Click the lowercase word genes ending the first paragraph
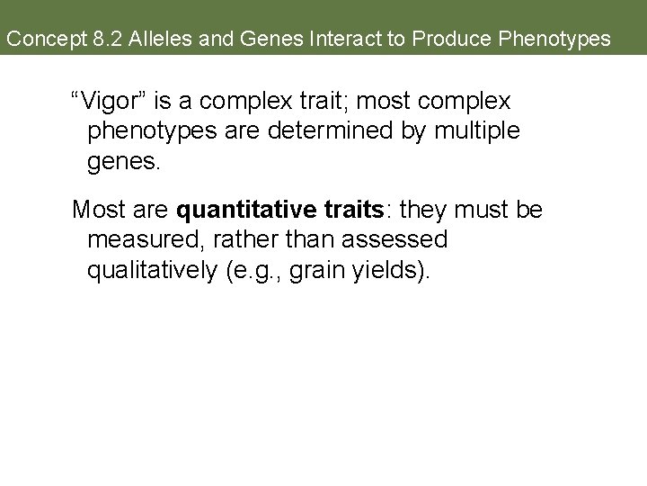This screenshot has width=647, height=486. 122,163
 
